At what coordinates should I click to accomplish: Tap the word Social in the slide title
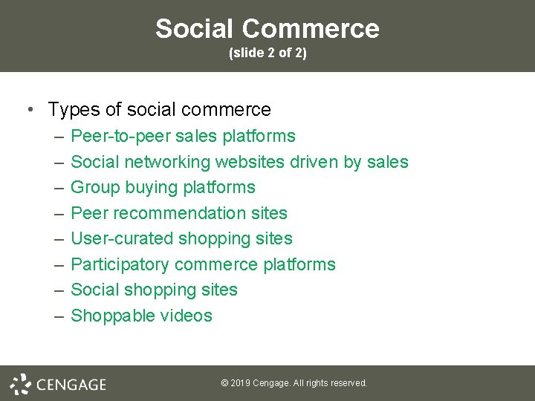195,29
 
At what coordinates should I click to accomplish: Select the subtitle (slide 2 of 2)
267,53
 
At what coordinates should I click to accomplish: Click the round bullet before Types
29,110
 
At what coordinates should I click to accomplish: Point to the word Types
74,110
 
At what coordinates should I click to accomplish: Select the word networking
167,162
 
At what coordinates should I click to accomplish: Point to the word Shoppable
109,316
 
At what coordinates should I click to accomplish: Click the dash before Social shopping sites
59,290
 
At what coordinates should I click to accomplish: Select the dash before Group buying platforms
59,187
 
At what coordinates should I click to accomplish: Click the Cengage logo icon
20,384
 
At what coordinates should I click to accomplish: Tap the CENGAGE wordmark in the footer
71,385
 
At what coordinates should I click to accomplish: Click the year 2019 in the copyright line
239,383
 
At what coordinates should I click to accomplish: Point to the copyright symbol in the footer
224,383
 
